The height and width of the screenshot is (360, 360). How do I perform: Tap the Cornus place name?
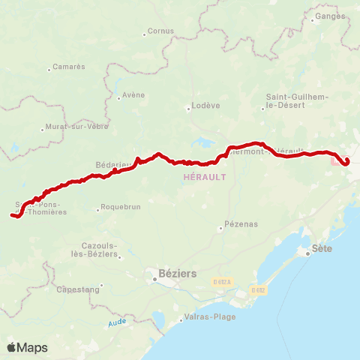pyautogui.click(x=161, y=31)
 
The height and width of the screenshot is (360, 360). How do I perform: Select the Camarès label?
pyautogui.click(x=69, y=67)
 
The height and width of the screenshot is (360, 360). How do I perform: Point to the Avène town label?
pyautogui.click(x=133, y=95)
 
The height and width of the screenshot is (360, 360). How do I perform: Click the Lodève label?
pyautogui.click(x=206, y=106)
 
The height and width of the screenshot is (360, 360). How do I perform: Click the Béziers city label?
pyautogui.click(x=178, y=274)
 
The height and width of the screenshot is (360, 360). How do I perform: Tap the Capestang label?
pyautogui.click(x=77, y=289)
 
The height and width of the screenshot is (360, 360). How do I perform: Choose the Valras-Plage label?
pyautogui.click(x=210, y=316)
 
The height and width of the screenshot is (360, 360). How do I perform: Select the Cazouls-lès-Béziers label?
pyautogui.click(x=100, y=250)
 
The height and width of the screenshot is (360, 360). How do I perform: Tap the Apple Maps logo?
pyautogui.click(x=27, y=347)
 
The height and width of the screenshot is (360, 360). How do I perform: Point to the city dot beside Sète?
pyautogui.click(x=308, y=254)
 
